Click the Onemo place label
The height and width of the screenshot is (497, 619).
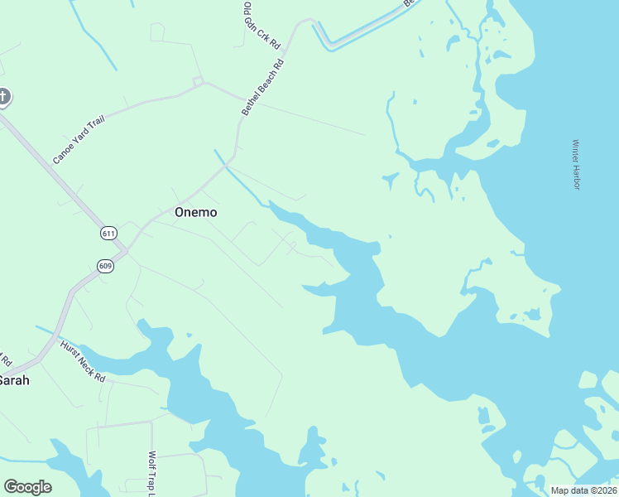(x=196, y=212)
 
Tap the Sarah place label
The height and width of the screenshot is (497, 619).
(x=14, y=380)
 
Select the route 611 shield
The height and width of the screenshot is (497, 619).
(x=109, y=233)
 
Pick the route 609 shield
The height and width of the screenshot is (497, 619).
(x=104, y=266)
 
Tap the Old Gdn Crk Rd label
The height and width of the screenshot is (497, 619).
(x=262, y=24)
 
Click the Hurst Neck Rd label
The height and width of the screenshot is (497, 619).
(x=84, y=361)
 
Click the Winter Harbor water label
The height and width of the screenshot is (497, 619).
(x=576, y=164)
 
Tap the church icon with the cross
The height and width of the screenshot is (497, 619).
(x=3, y=98)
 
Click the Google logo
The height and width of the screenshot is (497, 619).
(x=27, y=487)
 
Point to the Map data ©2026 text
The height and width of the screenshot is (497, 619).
(x=583, y=490)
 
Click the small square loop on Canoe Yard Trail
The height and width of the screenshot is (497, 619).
(x=198, y=80)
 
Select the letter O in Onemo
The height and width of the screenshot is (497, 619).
(x=180, y=212)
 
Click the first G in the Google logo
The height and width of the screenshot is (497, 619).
(x=11, y=487)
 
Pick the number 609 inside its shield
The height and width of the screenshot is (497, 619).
(x=104, y=266)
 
